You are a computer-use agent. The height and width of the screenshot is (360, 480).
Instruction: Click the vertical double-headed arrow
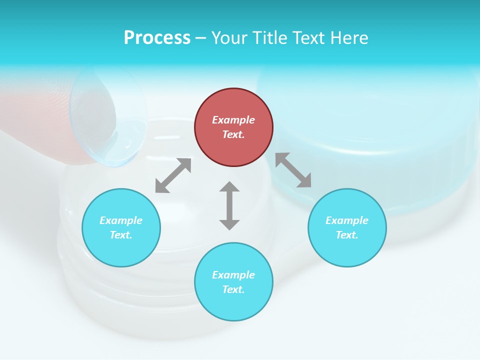[x=229, y=205]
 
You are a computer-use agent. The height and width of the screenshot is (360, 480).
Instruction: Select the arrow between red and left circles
[x=173, y=175]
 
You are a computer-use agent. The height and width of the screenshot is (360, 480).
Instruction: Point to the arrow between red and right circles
[x=293, y=170]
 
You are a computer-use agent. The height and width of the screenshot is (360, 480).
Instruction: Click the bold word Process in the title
[x=157, y=38]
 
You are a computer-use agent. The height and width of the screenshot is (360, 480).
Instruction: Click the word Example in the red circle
[x=233, y=120]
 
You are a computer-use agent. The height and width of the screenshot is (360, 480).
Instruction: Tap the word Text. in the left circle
[x=121, y=235]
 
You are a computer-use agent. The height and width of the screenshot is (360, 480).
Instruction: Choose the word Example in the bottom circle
[x=233, y=275]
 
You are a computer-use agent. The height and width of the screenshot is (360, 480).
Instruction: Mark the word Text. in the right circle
[x=347, y=235]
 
